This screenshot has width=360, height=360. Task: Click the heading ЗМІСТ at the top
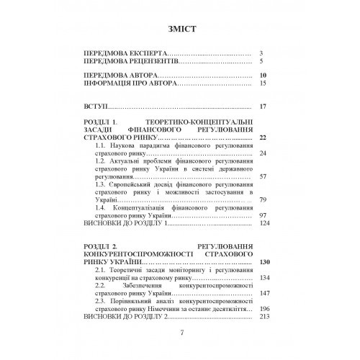(x=179, y=29)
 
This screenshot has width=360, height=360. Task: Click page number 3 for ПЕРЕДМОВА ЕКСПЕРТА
(x=264, y=54)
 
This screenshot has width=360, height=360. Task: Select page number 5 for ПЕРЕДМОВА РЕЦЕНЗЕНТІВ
(x=264, y=63)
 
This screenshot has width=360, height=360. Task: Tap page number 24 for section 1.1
(x=264, y=154)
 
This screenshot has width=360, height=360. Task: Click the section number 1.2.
(x=102, y=163)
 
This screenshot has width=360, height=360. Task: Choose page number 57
(x=264, y=176)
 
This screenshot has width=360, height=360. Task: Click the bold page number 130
(x=262, y=263)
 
